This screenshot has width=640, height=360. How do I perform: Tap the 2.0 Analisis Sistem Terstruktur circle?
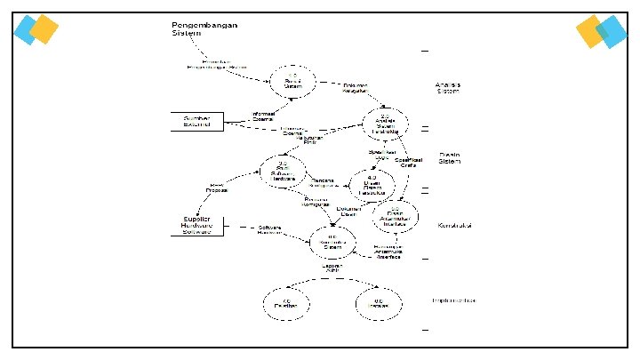point(384,124)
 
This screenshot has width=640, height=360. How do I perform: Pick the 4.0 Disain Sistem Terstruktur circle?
point(372,184)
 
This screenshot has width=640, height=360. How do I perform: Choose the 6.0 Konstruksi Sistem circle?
point(332,241)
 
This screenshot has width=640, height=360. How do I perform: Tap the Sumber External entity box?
point(196,121)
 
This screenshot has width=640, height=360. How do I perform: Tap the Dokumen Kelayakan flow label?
point(356,88)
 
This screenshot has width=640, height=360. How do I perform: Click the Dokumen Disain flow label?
point(348,211)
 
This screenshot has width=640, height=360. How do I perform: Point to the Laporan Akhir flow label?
point(331,268)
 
